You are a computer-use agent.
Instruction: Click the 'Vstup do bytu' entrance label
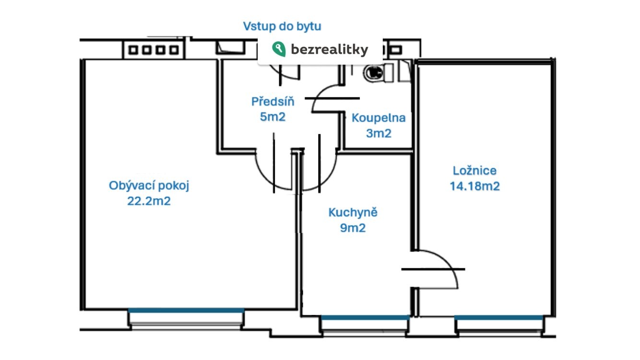tap(282, 26)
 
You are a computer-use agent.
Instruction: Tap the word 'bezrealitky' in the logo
tap(330, 49)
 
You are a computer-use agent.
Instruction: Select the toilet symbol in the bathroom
tap(374, 72)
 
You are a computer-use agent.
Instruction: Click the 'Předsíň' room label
tap(273, 102)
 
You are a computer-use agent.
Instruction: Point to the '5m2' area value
tap(273, 117)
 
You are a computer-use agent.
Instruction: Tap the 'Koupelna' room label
tap(379, 118)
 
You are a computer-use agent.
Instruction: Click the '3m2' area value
tap(379, 133)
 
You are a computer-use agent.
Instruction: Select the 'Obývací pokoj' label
tap(149, 186)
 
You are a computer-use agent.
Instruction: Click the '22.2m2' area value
tap(149, 201)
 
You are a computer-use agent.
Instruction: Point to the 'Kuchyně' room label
tap(353, 213)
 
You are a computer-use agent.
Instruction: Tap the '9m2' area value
tap(353, 228)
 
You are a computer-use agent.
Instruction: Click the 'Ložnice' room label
tap(474, 170)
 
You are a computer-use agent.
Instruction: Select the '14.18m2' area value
tap(474, 186)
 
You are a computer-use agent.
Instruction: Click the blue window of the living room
tap(186, 311)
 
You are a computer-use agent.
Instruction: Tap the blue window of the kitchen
tap(365, 317)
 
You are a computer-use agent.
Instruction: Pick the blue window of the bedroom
tap(499, 317)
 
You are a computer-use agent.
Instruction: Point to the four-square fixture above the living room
tap(154, 49)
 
